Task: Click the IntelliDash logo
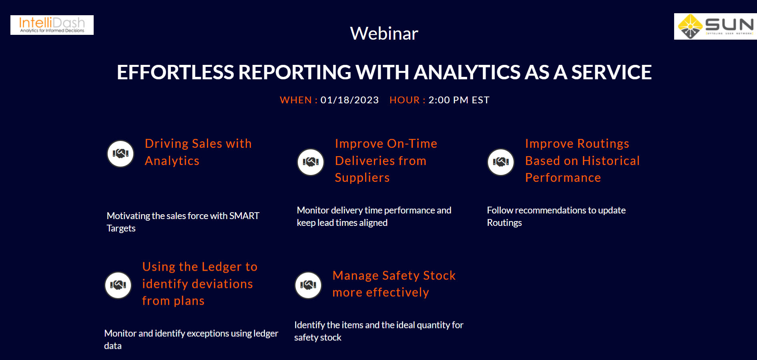pyautogui.click(x=52, y=25)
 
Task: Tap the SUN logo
pyautogui.click(x=715, y=26)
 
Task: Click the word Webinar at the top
pyautogui.click(x=384, y=34)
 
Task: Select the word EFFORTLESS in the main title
pyautogui.click(x=174, y=72)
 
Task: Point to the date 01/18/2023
pyautogui.click(x=349, y=100)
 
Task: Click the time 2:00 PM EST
pyautogui.click(x=459, y=100)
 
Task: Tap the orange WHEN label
pyautogui.click(x=296, y=100)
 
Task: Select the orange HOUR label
pyautogui.click(x=405, y=100)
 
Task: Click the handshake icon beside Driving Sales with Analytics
pyautogui.click(x=120, y=153)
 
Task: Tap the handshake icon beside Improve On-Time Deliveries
pyautogui.click(x=311, y=162)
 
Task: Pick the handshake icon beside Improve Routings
pyautogui.click(x=501, y=162)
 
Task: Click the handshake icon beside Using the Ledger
pyautogui.click(x=118, y=285)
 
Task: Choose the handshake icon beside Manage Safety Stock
pyautogui.click(x=308, y=285)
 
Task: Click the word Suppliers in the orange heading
pyautogui.click(x=362, y=178)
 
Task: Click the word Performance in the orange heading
pyautogui.click(x=563, y=178)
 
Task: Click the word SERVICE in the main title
pyautogui.click(x=611, y=72)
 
